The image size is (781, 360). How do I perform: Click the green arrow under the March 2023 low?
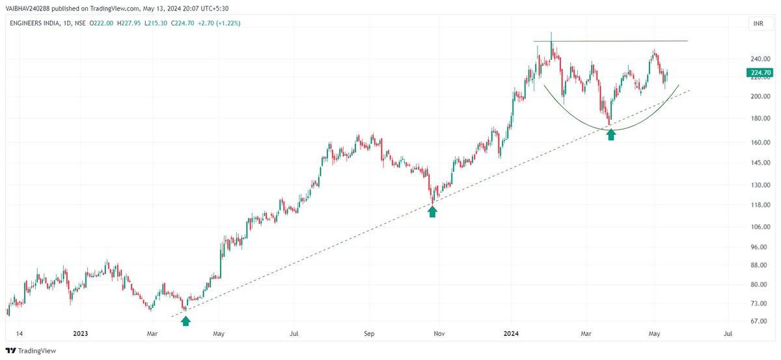click(x=185, y=320)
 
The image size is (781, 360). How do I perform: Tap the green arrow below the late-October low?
click(x=432, y=212)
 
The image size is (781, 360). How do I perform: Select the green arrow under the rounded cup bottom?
click(x=610, y=135)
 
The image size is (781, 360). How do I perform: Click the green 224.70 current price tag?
click(x=761, y=74)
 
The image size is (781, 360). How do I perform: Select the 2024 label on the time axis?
click(x=511, y=333)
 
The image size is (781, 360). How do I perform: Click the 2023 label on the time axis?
click(x=81, y=333)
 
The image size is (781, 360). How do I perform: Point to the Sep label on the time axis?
click(x=369, y=333)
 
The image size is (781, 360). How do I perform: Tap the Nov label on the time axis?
click(x=439, y=333)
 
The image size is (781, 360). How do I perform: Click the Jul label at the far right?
click(x=728, y=333)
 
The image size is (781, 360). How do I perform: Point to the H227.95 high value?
click(x=118, y=23)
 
